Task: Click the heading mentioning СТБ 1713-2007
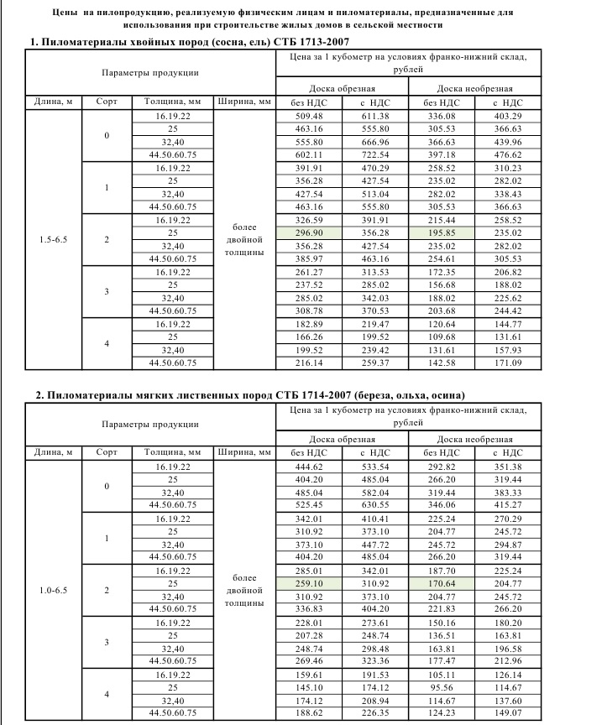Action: [190, 41]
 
